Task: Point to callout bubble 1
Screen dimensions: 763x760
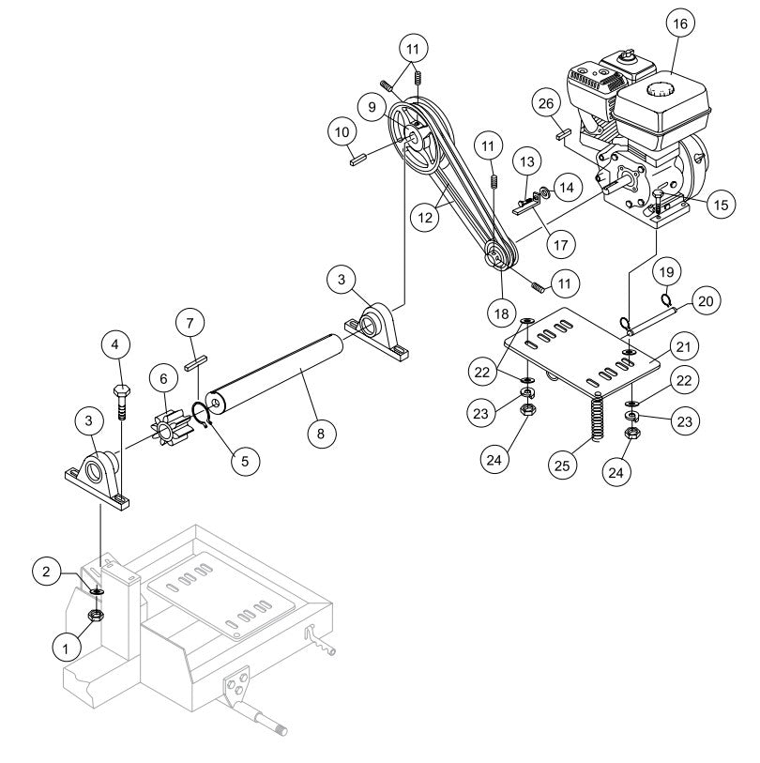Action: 67,646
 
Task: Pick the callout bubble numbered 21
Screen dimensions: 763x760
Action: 684,347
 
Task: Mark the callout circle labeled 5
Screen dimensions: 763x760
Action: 247,460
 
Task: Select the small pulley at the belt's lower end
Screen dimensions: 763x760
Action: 497,254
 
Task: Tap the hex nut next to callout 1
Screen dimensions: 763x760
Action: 95,616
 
